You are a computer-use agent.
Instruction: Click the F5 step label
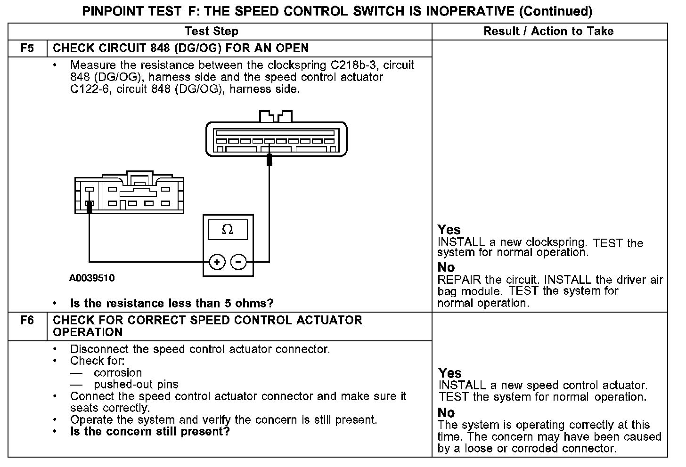(x=27, y=48)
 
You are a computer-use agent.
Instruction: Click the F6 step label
(x=27, y=320)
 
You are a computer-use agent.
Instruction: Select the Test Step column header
(x=211, y=32)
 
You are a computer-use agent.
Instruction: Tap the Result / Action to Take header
(x=548, y=32)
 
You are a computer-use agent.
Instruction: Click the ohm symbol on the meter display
(x=227, y=230)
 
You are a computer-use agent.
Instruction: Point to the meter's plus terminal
(x=217, y=262)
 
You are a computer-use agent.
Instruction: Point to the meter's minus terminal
(x=239, y=262)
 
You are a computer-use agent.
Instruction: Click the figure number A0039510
(x=91, y=278)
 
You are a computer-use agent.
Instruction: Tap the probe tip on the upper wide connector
(x=269, y=160)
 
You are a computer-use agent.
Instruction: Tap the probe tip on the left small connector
(x=89, y=206)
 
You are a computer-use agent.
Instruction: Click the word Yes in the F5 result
(x=449, y=230)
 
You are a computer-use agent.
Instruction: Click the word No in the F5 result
(x=446, y=267)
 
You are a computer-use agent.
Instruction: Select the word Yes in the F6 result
(x=450, y=373)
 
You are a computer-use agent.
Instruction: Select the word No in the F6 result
(x=446, y=413)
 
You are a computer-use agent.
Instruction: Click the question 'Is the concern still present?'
(x=150, y=432)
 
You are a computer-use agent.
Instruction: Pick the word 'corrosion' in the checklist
(x=118, y=373)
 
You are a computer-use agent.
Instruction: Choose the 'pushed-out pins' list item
(x=136, y=385)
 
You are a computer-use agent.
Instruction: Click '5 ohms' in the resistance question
(x=251, y=303)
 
